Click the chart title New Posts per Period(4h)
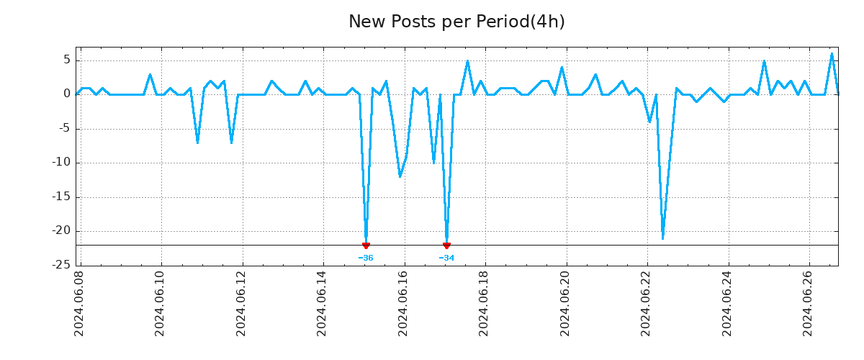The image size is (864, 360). click(x=456, y=22)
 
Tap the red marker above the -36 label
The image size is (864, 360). click(x=366, y=246)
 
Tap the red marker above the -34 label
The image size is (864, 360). click(x=446, y=246)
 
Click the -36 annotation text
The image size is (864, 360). click(x=366, y=258)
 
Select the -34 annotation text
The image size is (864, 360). click(x=446, y=258)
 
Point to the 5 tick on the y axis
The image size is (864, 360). click(x=66, y=60)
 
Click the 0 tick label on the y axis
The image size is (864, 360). click(x=66, y=94)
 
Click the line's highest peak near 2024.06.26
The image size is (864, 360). click(x=832, y=53)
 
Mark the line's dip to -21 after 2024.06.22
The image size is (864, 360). click(x=662, y=238)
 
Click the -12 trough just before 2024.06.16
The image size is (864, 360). click(x=400, y=176)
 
